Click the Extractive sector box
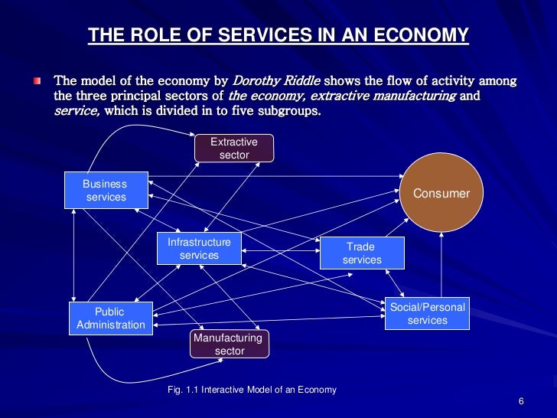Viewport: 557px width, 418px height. (233, 149)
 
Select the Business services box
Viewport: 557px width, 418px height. (106, 191)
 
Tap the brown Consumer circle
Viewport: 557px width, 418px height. (441, 194)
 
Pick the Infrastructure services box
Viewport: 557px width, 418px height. (199, 249)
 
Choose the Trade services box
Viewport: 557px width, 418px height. (362, 253)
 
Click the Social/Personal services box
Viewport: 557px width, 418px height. (427, 314)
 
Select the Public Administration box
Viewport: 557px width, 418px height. (109, 318)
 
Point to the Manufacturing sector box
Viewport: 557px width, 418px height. (229, 345)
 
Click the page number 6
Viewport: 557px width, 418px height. (520, 403)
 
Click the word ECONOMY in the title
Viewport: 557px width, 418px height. (425, 34)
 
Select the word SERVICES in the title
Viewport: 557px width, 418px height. (273, 34)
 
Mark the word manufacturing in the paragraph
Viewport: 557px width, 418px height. (417, 96)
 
